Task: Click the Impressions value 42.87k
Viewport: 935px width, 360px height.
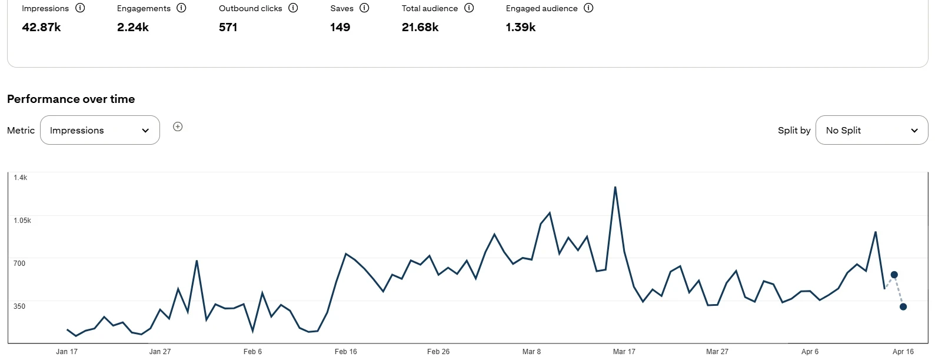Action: pyautogui.click(x=41, y=27)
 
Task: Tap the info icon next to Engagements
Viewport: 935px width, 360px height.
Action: pyautogui.click(x=181, y=8)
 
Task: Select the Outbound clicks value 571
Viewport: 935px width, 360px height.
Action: pyautogui.click(x=228, y=27)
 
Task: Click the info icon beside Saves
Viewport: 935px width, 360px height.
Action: pyautogui.click(x=364, y=8)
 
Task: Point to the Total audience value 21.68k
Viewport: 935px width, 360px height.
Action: pyautogui.click(x=420, y=27)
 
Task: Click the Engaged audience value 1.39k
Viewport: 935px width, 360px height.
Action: pyautogui.click(x=521, y=27)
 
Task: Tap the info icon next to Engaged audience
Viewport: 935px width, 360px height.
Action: pyautogui.click(x=588, y=8)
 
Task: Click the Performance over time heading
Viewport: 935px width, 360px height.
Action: pyautogui.click(x=71, y=99)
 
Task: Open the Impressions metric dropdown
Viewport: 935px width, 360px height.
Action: pyautogui.click(x=100, y=130)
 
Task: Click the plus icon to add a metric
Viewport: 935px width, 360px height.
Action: pyautogui.click(x=178, y=126)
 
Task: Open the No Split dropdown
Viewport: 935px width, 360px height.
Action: pyautogui.click(x=871, y=130)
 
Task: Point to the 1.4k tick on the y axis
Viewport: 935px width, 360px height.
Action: pyautogui.click(x=21, y=178)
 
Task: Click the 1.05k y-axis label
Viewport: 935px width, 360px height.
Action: pyautogui.click(x=22, y=221)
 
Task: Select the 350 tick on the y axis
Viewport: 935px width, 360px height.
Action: pyautogui.click(x=19, y=306)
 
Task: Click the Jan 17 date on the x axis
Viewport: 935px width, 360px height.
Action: pyautogui.click(x=66, y=352)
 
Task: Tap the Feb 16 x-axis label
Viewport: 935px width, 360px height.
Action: pyautogui.click(x=345, y=352)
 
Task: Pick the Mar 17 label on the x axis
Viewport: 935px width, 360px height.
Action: pyautogui.click(x=624, y=352)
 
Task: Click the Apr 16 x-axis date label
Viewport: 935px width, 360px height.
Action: pyautogui.click(x=903, y=352)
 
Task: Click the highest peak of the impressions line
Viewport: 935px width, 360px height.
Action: pyautogui.click(x=615, y=188)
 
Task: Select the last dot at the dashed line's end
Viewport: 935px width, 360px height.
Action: pyautogui.click(x=903, y=306)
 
